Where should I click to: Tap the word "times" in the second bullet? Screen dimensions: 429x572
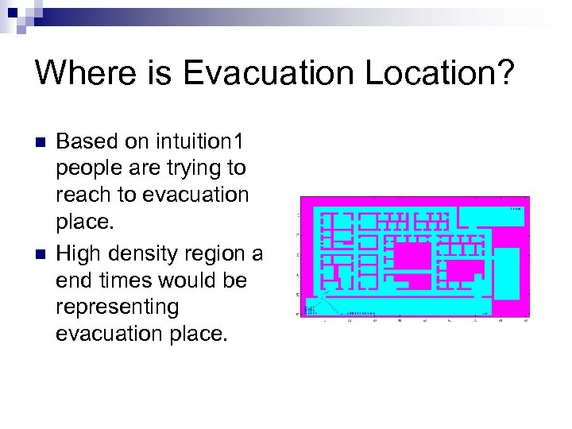click(x=130, y=281)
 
